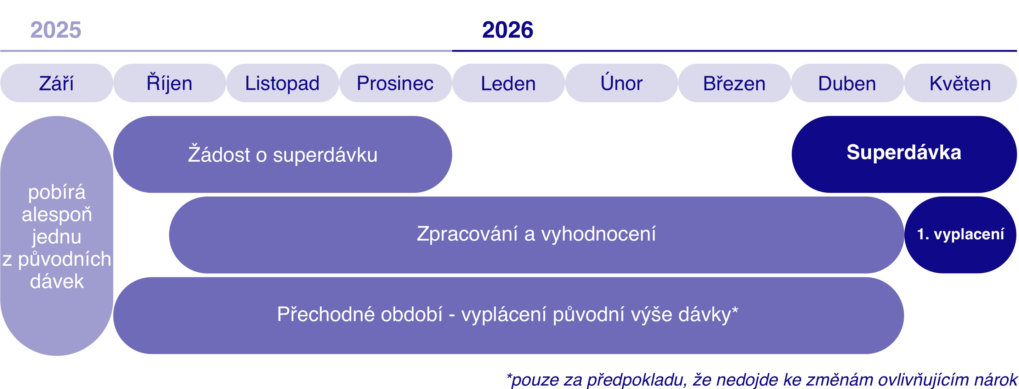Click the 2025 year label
56,30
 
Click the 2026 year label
507,30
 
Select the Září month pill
57,83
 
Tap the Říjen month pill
169,83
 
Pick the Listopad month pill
282,83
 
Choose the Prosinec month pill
395,83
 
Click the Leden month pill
508,83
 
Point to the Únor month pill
621,83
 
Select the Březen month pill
734,83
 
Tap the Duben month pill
847,83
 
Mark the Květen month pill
960,83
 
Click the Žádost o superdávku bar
282,154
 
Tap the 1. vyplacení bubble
960,234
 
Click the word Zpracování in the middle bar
467,234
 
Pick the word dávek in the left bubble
57,281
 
